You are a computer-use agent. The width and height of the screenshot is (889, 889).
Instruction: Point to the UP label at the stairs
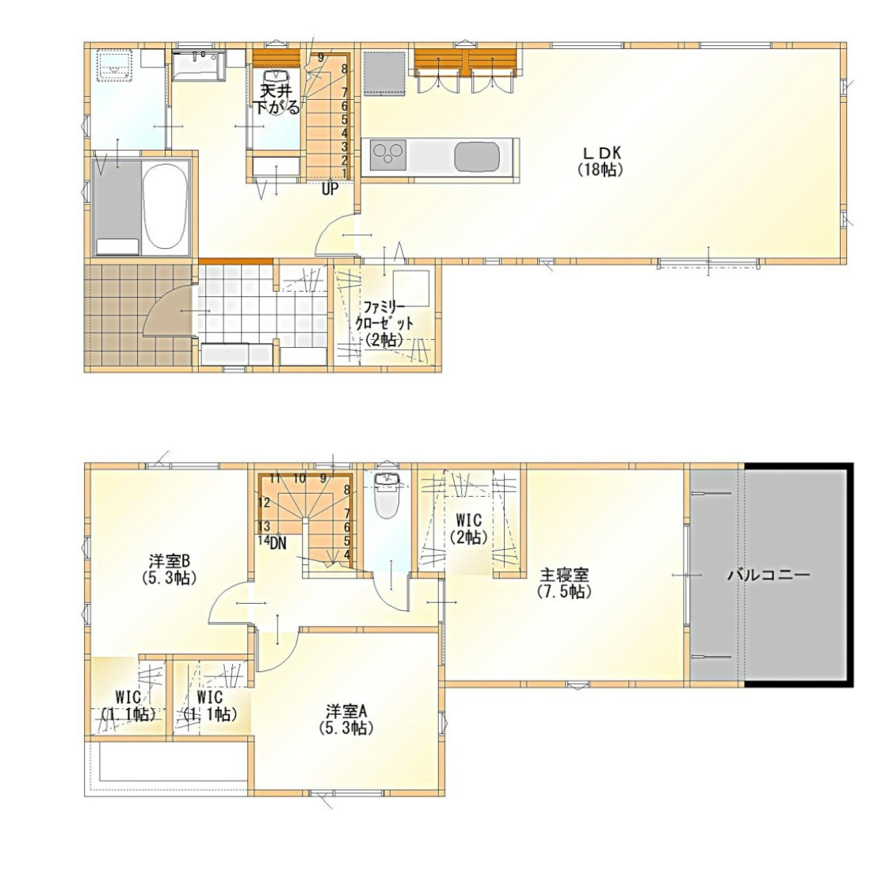330,189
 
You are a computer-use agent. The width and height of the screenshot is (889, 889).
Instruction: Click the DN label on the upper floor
278,544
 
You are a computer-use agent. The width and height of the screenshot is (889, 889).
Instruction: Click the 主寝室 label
564,582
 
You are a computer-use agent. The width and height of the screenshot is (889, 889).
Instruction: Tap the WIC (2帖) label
468,528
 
